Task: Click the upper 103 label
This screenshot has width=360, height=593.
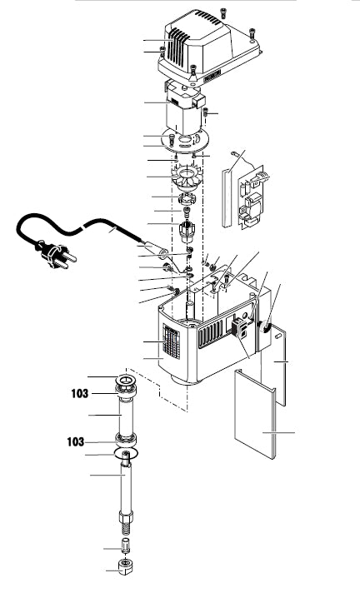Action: pyautogui.click(x=79, y=394)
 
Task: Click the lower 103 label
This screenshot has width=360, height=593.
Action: pyautogui.click(x=75, y=441)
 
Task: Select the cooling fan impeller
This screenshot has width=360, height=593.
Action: pyautogui.click(x=187, y=177)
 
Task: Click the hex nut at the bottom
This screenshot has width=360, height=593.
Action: pyautogui.click(x=127, y=566)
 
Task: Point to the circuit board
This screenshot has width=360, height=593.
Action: pyautogui.click(x=251, y=197)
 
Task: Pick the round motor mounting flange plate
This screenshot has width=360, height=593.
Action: pyautogui.click(x=185, y=139)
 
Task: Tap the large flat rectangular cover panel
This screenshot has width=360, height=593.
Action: pyautogui.click(x=255, y=414)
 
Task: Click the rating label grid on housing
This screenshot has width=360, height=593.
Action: pyautogui.click(x=171, y=341)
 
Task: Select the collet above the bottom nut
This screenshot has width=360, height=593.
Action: pyautogui.click(x=126, y=545)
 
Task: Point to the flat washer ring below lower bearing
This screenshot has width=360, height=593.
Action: pyautogui.click(x=126, y=453)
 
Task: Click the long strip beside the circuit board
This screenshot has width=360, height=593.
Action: pyautogui.click(x=227, y=198)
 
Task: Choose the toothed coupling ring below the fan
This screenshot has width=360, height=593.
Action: pyautogui.click(x=186, y=197)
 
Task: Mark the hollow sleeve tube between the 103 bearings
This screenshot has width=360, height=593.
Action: pyautogui.click(x=126, y=416)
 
